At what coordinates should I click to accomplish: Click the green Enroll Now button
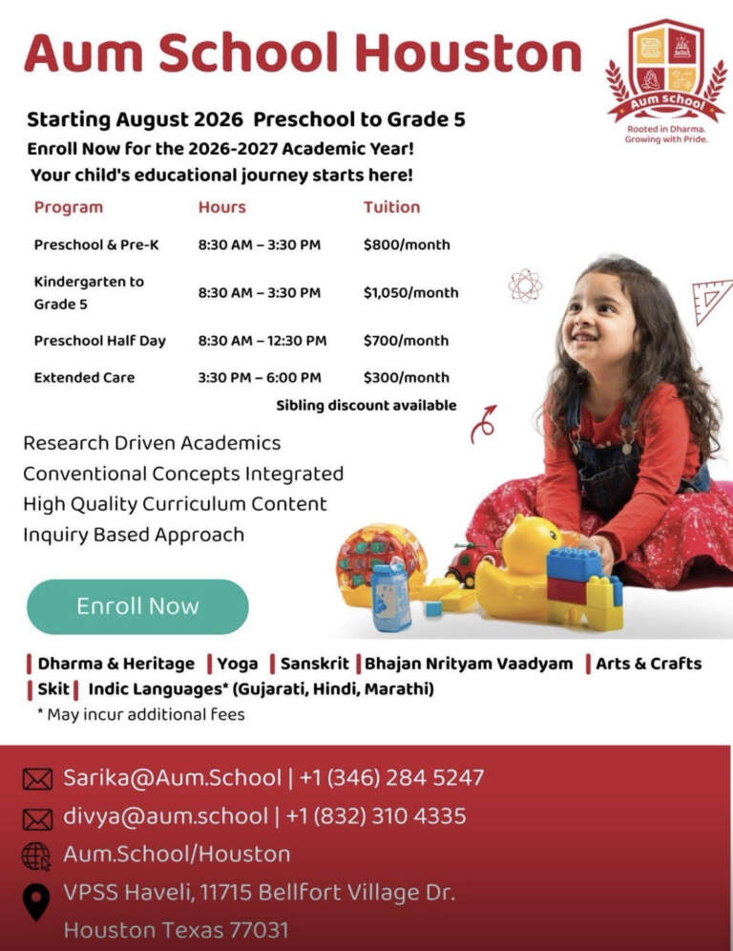pyautogui.click(x=137, y=606)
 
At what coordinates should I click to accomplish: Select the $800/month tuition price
pyautogui.click(x=406, y=244)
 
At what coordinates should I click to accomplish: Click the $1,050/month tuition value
pyautogui.click(x=410, y=292)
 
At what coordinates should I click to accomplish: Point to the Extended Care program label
pyautogui.click(x=84, y=377)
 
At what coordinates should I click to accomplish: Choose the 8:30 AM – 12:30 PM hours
pyautogui.click(x=262, y=340)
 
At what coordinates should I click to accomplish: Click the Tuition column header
pyautogui.click(x=391, y=206)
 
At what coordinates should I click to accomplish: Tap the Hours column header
pyautogui.click(x=221, y=206)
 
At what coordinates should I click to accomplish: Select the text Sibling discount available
pyautogui.click(x=366, y=405)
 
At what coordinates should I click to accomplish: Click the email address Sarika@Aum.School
pyautogui.click(x=172, y=777)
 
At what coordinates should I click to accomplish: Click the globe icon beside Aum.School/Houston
pyautogui.click(x=36, y=856)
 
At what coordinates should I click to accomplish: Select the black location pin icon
pyautogui.click(x=36, y=901)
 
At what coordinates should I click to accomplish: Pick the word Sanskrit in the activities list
pyautogui.click(x=314, y=664)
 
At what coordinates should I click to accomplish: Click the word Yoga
pyautogui.click(x=237, y=664)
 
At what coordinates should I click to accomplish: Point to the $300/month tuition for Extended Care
pyautogui.click(x=406, y=377)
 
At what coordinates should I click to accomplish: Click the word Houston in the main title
pyautogui.click(x=468, y=53)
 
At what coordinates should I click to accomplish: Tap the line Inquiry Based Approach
pyautogui.click(x=134, y=534)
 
